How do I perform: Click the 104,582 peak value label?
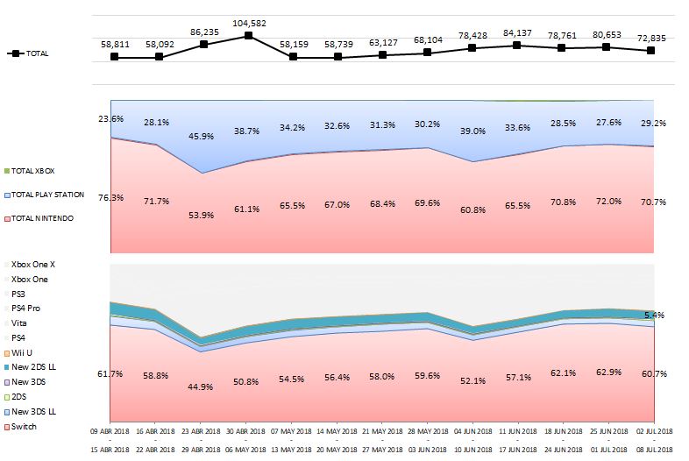click(249, 22)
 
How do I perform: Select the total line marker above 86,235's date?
click(204, 44)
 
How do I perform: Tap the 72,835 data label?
click(650, 39)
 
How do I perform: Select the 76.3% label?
click(111, 198)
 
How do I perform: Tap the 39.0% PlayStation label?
click(472, 131)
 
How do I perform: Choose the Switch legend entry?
click(25, 427)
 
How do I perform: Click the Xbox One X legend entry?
click(33, 263)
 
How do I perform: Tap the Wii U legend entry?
click(25, 352)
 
